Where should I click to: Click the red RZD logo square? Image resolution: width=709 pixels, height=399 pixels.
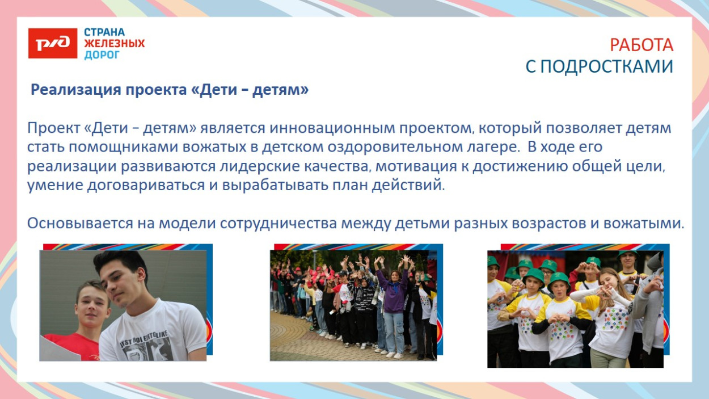coord(52,43)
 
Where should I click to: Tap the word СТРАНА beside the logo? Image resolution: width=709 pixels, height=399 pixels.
coord(104,32)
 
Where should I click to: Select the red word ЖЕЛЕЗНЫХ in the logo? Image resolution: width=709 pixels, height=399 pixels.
coord(114,44)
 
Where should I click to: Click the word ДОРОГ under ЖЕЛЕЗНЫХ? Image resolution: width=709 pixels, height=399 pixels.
coord(102,55)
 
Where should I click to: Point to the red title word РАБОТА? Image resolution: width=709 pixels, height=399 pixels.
coord(642,45)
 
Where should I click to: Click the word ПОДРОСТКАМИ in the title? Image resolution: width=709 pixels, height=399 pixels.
coord(606,66)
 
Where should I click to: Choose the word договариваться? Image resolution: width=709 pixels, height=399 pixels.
coord(129,186)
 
